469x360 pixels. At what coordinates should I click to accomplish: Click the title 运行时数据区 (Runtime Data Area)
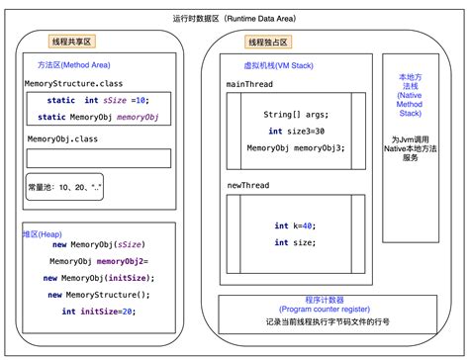pyautogui.click(x=234, y=19)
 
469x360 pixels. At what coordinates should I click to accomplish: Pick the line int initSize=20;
pyautogui.click(x=97, y=312)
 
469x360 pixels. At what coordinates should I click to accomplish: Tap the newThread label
pyautogui.click(x=248, y=185)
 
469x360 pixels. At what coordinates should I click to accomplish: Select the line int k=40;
pyautogui.click(x=295, y=225)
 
